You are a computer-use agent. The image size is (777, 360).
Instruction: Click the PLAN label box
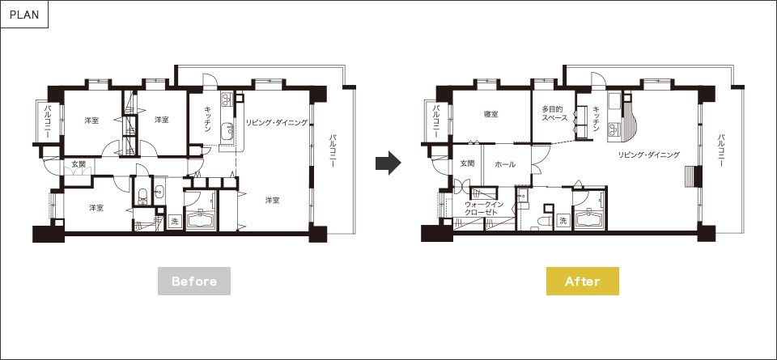point(24,15)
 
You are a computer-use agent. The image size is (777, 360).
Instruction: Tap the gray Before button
point(194,282)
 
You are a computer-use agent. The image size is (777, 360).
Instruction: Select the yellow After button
point(583,282)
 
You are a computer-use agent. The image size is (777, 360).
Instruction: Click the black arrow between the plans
point(388,163)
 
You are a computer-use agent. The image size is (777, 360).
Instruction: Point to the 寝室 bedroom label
point(491,114)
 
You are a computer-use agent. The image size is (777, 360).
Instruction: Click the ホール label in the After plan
point(505,165)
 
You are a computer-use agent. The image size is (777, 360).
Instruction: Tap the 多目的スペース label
point(554,113)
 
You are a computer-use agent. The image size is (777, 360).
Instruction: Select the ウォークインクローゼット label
point(484,209)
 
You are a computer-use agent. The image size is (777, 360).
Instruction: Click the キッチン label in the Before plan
point(209,120)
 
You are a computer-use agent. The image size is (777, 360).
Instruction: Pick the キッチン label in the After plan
point(597,120)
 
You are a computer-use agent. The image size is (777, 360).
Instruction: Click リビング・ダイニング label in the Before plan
point(277,123)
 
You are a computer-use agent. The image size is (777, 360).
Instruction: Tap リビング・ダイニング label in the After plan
point(648,155)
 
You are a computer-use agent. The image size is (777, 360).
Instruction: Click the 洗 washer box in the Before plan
point(174,221)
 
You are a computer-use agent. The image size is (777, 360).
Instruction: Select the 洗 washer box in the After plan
point(563,221)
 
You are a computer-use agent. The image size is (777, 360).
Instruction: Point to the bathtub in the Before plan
point(201,218)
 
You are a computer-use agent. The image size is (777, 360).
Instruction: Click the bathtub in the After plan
point(589,218)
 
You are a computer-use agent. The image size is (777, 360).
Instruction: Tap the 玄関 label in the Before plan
point(79,164)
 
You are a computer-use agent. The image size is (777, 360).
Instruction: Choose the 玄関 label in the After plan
point(467,163)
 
